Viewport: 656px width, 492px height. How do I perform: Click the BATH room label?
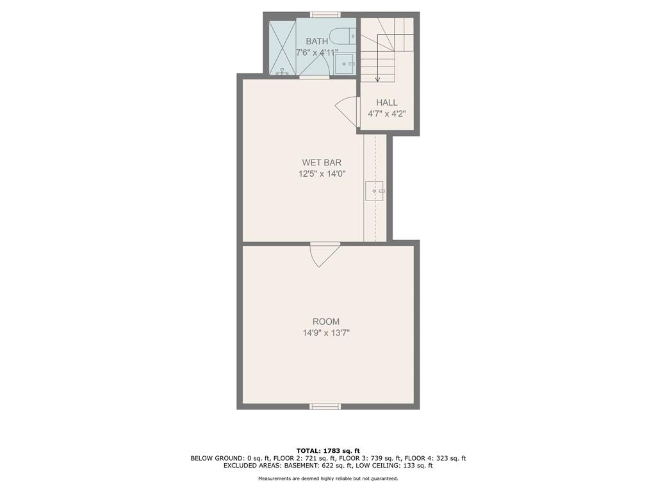pyautogui.click(x=316, y=42)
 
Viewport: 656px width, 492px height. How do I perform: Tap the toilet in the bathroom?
pyautogui.click(x=342, y=36)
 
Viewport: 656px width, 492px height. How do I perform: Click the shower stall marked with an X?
pyautogui.click(x=283, y=46)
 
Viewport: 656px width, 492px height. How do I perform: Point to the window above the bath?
pyautogui.click(x=325, y=15)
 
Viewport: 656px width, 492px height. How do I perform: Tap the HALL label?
pyautogui.click(x=386, y=102)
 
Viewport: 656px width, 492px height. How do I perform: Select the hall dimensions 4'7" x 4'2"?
pyautogui.click(x=386, y=114)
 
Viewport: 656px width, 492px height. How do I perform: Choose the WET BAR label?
pyautogui.click(x=322, y=163)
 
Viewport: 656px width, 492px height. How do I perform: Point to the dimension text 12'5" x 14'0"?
pyautogui.click(x=322, y=174)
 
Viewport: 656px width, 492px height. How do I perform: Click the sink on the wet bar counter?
pyautogui.click(x=374, y=191)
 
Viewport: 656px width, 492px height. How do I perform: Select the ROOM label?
pyautogui.click(x=326, y=322)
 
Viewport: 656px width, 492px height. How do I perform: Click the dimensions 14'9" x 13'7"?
pyautogui.click(x=326, y=333)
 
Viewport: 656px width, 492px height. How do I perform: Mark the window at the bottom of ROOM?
pyautogui.click(x=325, y=406)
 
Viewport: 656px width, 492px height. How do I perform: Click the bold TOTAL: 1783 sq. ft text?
pyautogui.click(x=328, y=450)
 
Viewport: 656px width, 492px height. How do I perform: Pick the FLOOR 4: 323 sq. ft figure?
pyautogui.click(x=435, y=458)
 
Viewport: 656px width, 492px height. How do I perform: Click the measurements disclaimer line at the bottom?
pyautogui.click(x=328, y=478)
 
